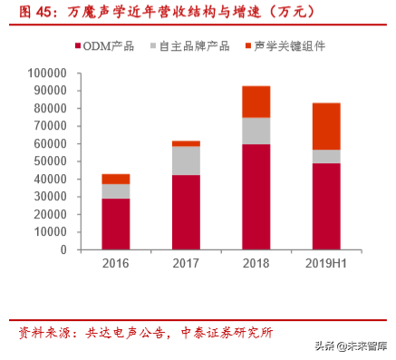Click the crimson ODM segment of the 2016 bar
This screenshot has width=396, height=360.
point(115,224)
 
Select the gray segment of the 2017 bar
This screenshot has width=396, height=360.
point(186,161)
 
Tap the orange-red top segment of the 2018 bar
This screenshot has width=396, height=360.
point(256,102)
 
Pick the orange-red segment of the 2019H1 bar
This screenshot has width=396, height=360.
point(326,126)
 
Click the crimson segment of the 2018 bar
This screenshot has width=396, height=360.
point(256,197)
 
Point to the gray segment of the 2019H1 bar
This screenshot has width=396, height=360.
point(326,156)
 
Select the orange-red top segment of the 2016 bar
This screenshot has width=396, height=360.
point(115,179)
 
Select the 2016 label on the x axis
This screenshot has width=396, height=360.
point(115,264)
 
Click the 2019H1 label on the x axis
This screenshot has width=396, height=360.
point(326,264)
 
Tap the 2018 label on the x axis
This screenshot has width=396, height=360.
point(256,264)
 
